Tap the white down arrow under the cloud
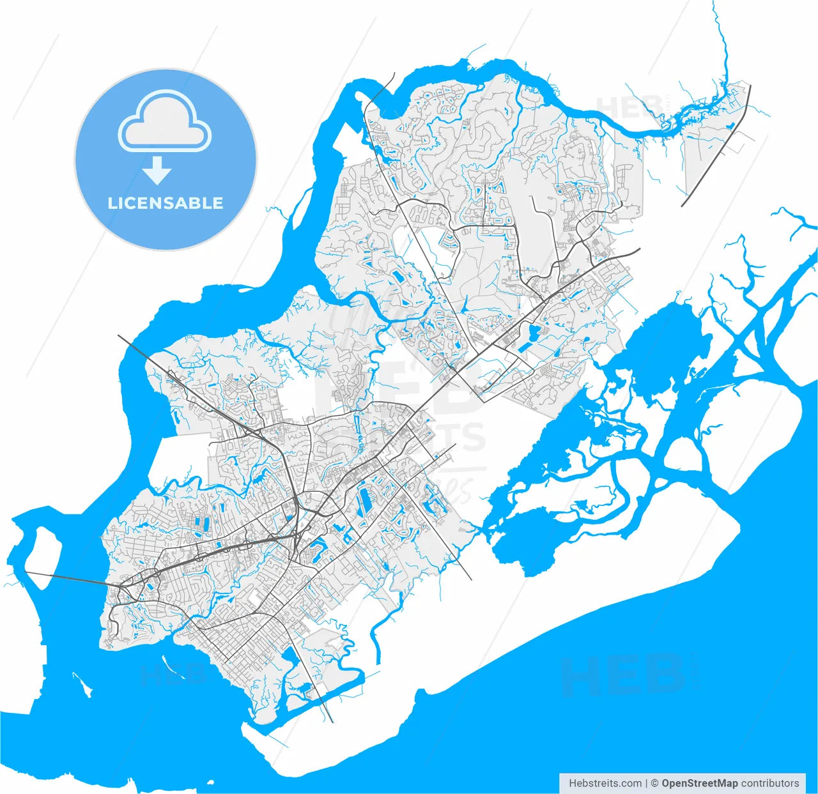click(x=157, y=171)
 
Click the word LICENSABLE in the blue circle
click(x=166, y=203)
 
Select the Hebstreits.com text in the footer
click(x=605, y=783)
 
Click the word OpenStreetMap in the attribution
click(x=699, y=783)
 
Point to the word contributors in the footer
click(x=769, y=783)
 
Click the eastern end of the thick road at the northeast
click(x=638, y=250)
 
